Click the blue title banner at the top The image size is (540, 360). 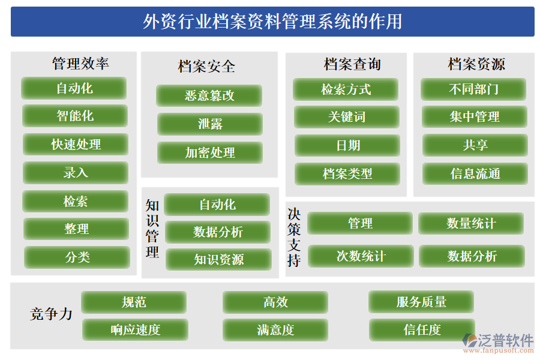click(272, 22)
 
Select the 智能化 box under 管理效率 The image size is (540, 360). click(75, 116)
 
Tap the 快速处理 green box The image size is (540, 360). click(76, 145)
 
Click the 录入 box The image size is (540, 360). click(76, 173)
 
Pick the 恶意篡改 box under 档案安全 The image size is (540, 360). click(209, 95)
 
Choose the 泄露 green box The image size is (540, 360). click(210, 124)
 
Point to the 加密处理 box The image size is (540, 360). click(210, 152)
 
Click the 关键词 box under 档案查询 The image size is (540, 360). click(347, 117)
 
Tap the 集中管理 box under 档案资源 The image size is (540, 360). click(475, 117)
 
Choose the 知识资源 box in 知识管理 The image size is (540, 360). click(218, 260)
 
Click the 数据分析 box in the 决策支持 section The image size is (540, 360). click(472, 256)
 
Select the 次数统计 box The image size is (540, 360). click(361, 256)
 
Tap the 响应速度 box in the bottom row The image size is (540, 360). click(135, 329)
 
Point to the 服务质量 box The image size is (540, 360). click(421, 302)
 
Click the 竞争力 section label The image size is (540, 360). click(51, 314)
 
